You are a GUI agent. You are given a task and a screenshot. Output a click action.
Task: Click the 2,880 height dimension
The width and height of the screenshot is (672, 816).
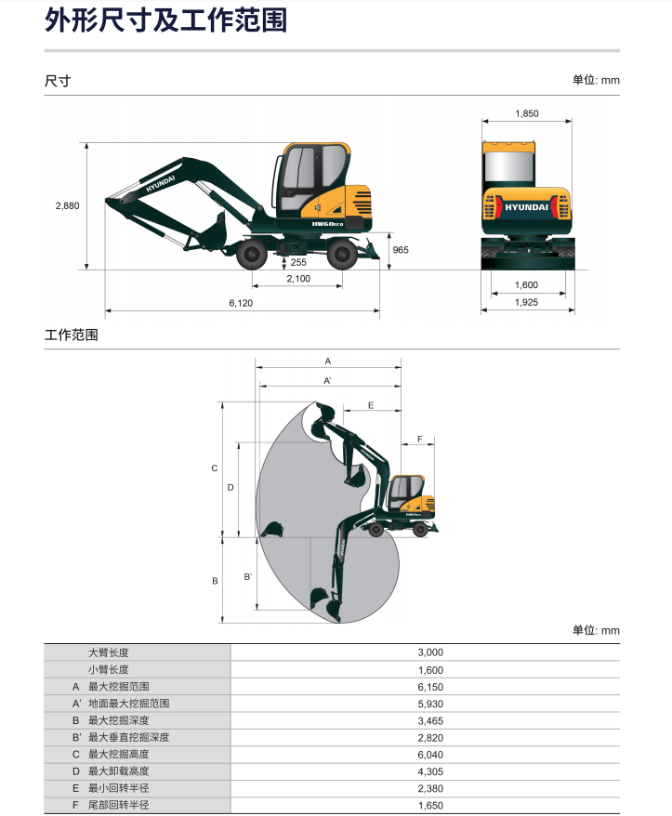click(x=67, y=206)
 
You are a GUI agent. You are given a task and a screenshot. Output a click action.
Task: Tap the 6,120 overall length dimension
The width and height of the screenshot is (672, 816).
click(x=241, y=303)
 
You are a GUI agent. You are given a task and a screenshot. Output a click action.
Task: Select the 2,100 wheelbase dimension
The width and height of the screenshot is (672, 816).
click(x=298, y=279)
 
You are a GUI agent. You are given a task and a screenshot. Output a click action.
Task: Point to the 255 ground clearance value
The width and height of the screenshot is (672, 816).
click(x=298, y=262)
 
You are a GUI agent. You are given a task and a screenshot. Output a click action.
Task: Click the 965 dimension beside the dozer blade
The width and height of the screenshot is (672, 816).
click(x=401, y=250)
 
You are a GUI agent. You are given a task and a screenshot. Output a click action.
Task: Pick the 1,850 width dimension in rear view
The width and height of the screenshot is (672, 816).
click(x=527, y=113)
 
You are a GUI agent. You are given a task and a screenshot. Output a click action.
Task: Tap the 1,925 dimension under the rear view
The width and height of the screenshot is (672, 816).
click(x=526, y=302)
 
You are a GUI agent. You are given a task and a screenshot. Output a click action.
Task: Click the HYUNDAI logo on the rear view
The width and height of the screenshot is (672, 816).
click(x=526, y=207)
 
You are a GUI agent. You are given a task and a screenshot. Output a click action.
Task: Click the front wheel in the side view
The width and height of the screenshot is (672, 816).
click(x=251, y=255)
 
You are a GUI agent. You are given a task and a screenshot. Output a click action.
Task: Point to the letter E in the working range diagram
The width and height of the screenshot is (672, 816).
click(x=371, y=405)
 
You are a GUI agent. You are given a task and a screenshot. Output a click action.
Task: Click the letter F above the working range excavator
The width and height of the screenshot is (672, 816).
click(x=419, y=440)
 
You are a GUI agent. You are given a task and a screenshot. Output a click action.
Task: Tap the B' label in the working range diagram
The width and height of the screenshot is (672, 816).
click(x=248, y=576)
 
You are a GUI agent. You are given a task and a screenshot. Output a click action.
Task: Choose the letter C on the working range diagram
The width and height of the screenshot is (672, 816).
click(x=214, y=468)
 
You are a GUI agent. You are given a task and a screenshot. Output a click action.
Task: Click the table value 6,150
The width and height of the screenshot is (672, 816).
click(x=430, y=687)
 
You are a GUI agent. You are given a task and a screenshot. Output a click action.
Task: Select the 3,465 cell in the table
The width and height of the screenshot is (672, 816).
click(x=430, y=721)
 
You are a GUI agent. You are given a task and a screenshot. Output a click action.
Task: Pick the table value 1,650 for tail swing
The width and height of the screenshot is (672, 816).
click(x=430, y=806)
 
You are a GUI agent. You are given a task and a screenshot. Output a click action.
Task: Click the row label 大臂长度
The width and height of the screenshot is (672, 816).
click(x=108, y=652)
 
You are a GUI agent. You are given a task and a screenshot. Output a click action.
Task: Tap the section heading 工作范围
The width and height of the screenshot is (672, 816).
click(x=72, y=335)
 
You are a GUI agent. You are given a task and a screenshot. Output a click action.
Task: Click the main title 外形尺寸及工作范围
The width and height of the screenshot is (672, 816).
click(x=166, y=20)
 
